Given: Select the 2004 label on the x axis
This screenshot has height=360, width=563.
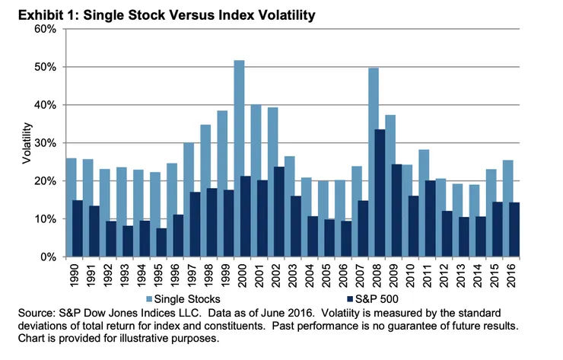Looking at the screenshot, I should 305,275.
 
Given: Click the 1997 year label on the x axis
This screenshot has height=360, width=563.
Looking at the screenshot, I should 189,275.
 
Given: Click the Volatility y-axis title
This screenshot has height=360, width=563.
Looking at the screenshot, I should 27,143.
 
